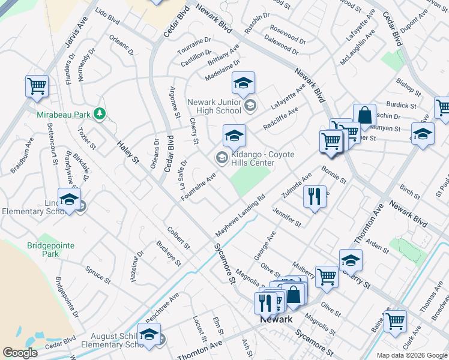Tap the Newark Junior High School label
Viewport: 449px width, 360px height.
[x=214, y=106]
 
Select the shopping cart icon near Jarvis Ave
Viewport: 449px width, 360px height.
[x=37, y=86]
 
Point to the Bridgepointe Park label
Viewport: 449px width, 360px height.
[x=44, y=250]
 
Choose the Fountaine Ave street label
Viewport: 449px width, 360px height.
[x=198, y=187]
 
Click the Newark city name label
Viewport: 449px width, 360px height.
[x=276, y=319]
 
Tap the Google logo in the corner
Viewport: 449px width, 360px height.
[x=20, y=353]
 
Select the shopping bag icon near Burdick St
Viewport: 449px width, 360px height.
[x=364, y=115]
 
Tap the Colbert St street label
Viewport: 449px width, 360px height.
[x=178, y=238]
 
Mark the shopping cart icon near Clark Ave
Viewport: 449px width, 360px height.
[x=395, y=321]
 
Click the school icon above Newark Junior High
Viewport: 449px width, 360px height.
[x=243, y=83]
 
